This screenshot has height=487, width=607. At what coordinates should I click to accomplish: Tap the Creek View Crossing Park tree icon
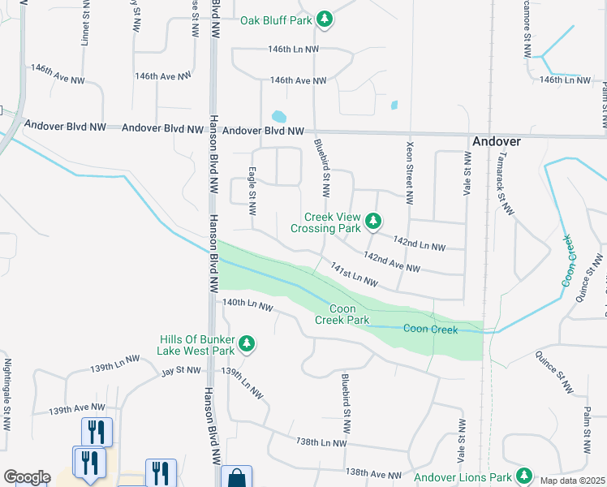point(373,221)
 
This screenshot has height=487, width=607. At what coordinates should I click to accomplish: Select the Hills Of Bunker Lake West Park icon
point(247,344)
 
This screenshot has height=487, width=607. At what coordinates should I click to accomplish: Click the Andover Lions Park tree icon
point(525,475)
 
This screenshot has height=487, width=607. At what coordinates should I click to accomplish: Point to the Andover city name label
point(497,140)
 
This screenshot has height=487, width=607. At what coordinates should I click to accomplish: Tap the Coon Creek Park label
point(349,314)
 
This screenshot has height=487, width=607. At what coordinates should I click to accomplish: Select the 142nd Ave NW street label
point(392,261)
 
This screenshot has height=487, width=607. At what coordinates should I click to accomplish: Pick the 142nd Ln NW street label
point(419,242)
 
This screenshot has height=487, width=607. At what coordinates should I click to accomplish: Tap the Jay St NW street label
point(180,371)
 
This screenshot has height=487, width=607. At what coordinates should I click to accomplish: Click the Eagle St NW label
point(252,192)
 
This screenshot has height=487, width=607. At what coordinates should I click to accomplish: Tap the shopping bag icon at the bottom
point(236,478)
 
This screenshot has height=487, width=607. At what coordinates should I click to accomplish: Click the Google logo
point(27,478)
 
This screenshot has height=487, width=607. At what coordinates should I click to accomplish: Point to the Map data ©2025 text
point(573,480)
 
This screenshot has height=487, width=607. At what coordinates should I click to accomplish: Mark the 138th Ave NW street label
point(372,474)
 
